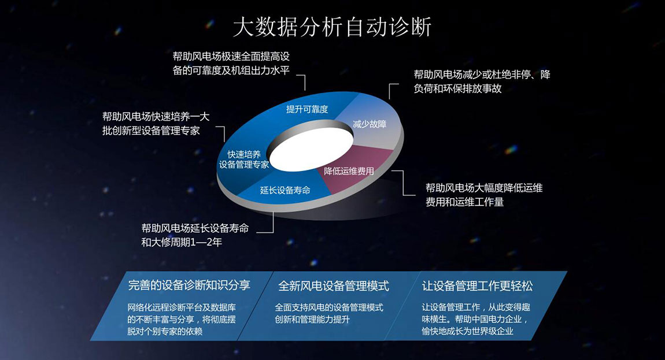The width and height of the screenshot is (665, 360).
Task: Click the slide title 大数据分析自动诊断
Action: click(x=332, y=27)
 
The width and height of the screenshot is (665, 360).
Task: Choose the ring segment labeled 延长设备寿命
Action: click(x=285, y=190)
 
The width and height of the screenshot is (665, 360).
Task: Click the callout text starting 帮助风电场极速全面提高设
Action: click(x=231, y=63)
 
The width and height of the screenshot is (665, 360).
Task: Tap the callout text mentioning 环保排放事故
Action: click(x=482, y=81)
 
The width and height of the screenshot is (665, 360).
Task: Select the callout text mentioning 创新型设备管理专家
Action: click(x=156, y=124)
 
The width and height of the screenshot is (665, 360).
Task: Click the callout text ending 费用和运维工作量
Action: click(x=484, y=195)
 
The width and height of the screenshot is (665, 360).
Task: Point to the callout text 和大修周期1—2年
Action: click(x=182, y=242)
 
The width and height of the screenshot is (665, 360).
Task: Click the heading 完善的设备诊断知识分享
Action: click(x=189, y=285)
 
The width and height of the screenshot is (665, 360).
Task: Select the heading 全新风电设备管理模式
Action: click(x=333, y=286)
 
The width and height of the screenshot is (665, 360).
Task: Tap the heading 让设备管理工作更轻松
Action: click(x=477, y=286)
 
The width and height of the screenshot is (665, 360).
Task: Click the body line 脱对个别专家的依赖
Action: click(x=165, y=331)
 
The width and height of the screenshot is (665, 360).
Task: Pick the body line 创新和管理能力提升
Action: click(x=312, y=320)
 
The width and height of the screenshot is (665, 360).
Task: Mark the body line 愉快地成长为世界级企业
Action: click(x=467, y=331)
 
